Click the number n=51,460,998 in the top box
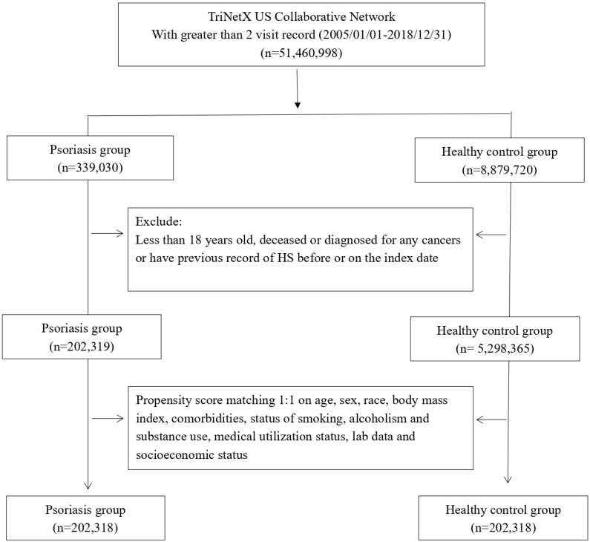coord(301,53)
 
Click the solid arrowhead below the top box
coord(298,105)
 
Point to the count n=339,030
coord(90,168)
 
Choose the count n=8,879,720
coord(499,170)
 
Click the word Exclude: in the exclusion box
coord(159,221)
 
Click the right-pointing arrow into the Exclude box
coord(107,233)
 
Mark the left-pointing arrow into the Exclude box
coord(491,235)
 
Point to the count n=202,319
coord(82,347)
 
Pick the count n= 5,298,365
coord(495,348)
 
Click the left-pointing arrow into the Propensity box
coord(491,419)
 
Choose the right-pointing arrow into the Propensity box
coord(108,418)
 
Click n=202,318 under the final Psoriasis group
coord(85,528)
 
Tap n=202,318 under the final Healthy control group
coord(503,528)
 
